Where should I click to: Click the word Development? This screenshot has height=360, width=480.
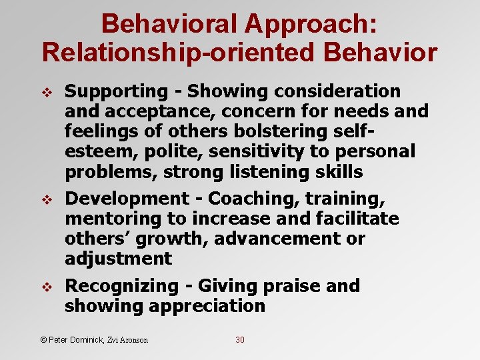point(127,199)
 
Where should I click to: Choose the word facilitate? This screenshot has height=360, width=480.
point(346,219)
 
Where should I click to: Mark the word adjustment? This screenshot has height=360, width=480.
point(118,259)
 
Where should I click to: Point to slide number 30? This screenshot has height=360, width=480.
point(240,340)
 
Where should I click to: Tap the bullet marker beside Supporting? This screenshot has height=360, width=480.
point(46,92)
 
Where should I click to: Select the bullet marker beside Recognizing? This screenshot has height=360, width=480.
point(46,287)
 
